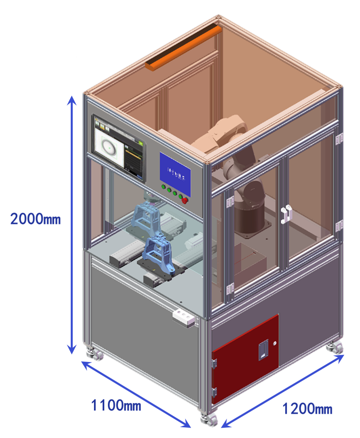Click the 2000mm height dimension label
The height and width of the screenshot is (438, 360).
pyautogui.click(x=35, y=219)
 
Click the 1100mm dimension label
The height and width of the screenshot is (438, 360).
pyautogui.click(x=116, y=406)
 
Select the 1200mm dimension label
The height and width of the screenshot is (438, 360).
pyautogui.click(x=307, y=408)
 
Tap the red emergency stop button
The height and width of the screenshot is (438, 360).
pyautogui.click(x=184, y=200)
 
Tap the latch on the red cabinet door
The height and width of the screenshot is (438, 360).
pyautogui.click(x=263, y=350)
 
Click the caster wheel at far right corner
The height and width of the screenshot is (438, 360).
pyautogui.click(x=335, y=348)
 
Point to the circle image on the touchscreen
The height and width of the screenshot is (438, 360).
pyautogui.click(x=109, y=146)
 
